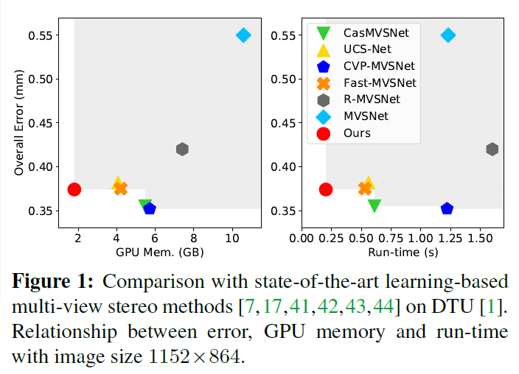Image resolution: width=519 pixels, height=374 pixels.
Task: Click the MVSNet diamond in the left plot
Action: coord(243,35)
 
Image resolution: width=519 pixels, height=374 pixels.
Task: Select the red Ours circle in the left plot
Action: coord(74,189)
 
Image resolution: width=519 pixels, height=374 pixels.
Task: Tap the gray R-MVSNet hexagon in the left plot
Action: coord(182,149)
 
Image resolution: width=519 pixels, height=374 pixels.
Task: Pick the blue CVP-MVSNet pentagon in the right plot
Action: coord(447,208)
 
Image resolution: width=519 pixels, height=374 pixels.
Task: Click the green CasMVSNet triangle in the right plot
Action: coord(374,205)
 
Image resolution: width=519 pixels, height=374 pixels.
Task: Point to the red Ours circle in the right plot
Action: coord(326,189)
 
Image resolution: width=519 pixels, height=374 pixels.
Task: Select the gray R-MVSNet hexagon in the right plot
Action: coord(492,149)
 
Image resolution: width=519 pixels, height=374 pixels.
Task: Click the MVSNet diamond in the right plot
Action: coord(447,35)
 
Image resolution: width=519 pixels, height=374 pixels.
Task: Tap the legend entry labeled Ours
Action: coord(357,133)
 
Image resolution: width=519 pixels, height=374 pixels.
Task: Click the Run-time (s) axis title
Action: coord(403,253)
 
